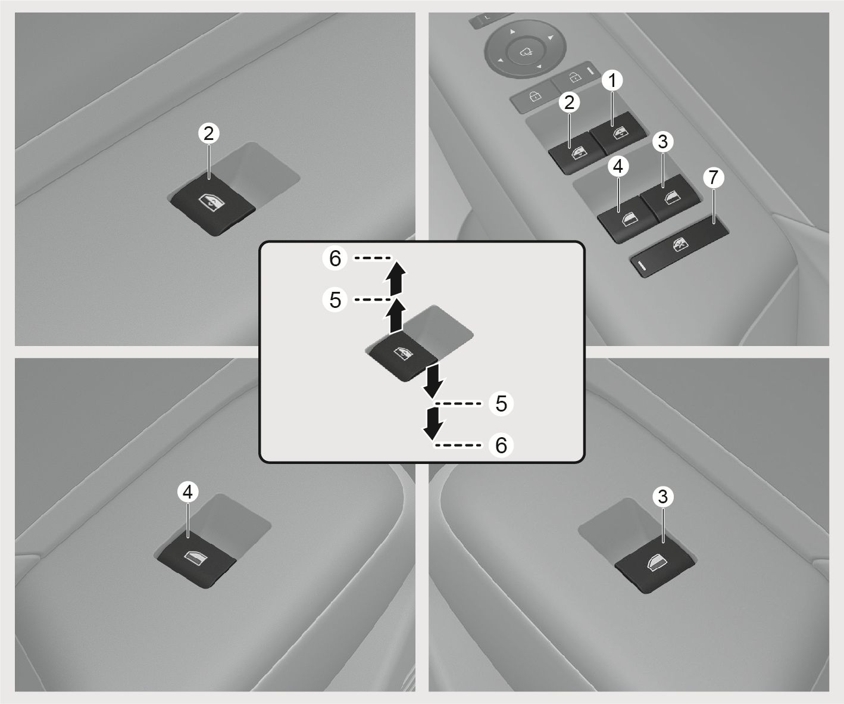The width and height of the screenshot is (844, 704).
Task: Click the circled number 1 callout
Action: (612, 80)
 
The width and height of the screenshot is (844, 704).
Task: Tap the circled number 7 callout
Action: (714, 177)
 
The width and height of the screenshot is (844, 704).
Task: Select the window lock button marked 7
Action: (679, 247)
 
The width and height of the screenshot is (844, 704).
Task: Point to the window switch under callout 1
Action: (618, 133)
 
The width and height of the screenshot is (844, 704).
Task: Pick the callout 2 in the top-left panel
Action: (208, 133)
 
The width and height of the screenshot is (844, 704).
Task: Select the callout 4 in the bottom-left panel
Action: (187, 492)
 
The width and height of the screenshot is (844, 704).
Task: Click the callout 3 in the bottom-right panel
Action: (663, 497)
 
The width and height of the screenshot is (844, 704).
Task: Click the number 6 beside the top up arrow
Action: (335, 258)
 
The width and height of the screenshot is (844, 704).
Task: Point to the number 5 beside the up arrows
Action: (335, 300)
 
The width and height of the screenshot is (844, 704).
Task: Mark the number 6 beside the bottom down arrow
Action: (501, 445)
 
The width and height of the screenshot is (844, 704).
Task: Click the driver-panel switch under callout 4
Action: (626, 220)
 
